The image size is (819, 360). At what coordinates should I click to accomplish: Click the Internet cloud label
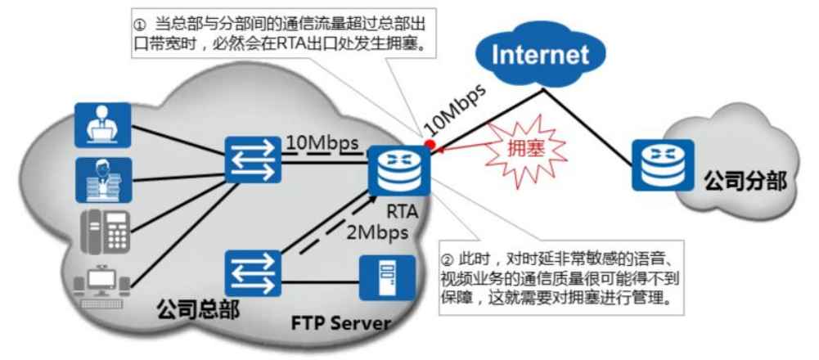(542, 55)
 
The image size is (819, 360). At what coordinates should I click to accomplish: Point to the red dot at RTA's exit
(429, 147)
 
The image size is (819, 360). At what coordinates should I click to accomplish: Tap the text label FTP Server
(340, 322)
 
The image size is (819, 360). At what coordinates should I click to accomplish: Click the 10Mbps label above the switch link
(322, 143)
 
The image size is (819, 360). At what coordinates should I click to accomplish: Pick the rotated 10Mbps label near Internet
(454, 107)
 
